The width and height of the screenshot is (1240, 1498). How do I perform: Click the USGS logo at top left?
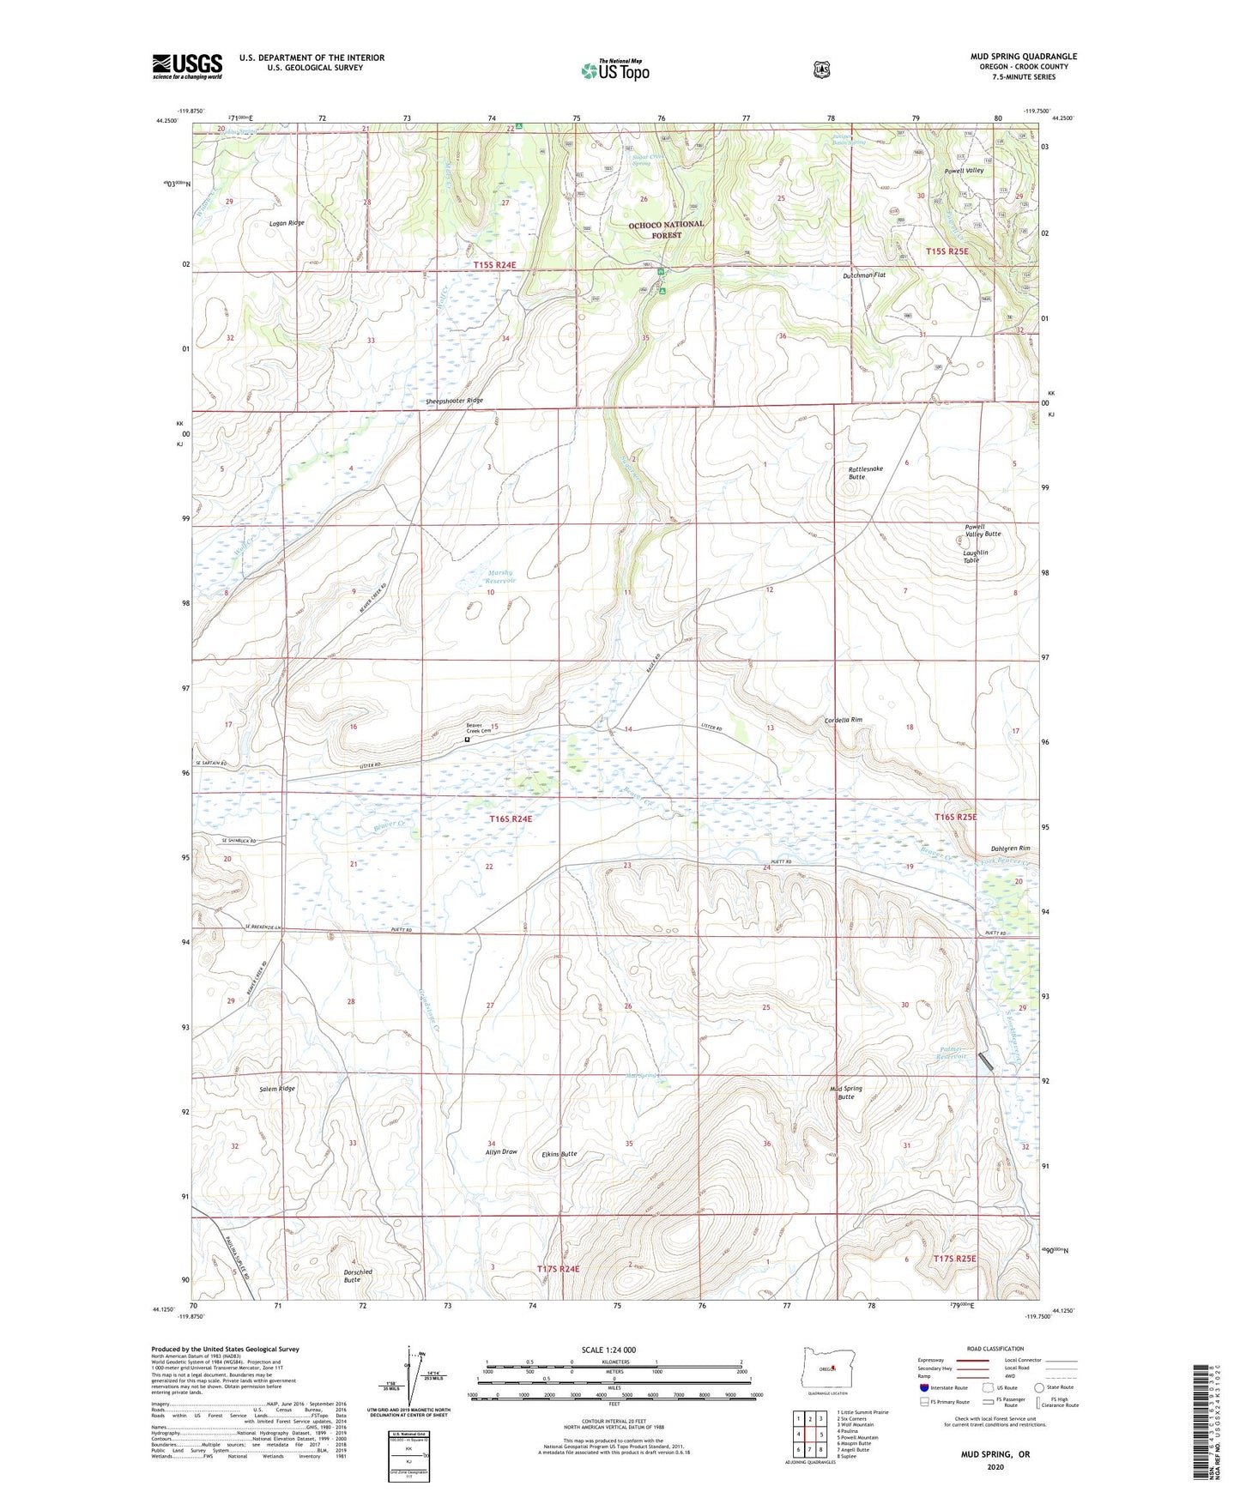[187, 66]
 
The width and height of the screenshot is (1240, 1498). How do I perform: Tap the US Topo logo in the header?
[614, 70]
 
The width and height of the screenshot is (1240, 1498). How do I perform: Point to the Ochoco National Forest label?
[666, 229]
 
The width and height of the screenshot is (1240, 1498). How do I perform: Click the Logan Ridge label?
[287, 223]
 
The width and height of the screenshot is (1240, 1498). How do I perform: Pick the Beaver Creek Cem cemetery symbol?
[468, 740]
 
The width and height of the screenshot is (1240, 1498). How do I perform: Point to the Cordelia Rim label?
[843, 720]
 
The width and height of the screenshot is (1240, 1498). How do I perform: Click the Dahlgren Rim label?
[1004, 849]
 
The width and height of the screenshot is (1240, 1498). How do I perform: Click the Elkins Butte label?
[559, 1154]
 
